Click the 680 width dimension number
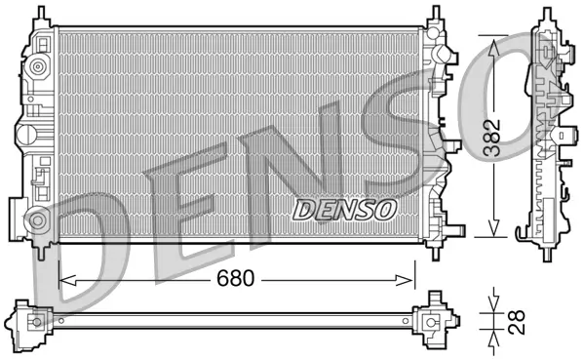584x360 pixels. click(x=235, y=279)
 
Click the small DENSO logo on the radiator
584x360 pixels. click(x=344, y=208)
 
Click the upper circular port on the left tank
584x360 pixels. click(x=38, y=68)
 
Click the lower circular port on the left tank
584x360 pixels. click(x=36, y=218)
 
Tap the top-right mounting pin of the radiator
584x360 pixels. click(x=430, y=14)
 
